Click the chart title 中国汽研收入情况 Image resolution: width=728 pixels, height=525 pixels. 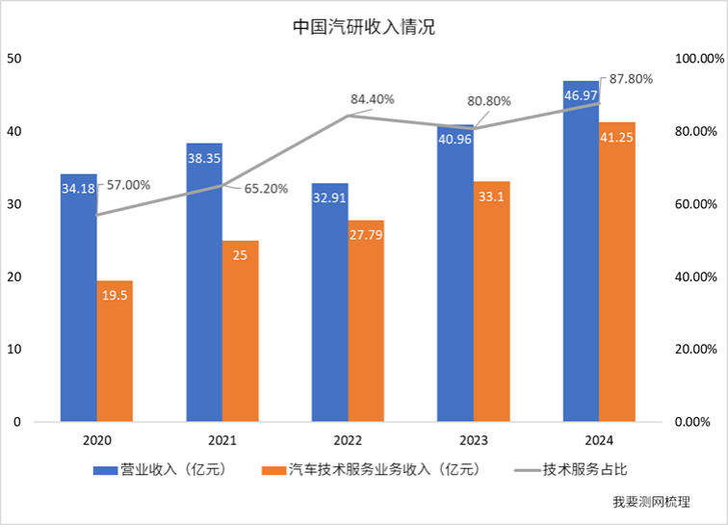(x=364, y=28)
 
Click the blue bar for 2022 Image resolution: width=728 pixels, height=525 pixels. (x=330, y=308)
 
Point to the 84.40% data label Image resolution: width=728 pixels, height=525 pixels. (x=373, y=98)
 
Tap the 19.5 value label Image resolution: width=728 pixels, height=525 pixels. (x=115, y=298)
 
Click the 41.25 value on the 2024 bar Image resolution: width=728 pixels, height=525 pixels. (x=617, y=138)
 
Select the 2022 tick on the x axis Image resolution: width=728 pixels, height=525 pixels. (x=348, y=440)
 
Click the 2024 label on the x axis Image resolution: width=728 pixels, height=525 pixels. (x=599, y=440)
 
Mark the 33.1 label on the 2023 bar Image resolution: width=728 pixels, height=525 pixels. (x=492, y=198)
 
